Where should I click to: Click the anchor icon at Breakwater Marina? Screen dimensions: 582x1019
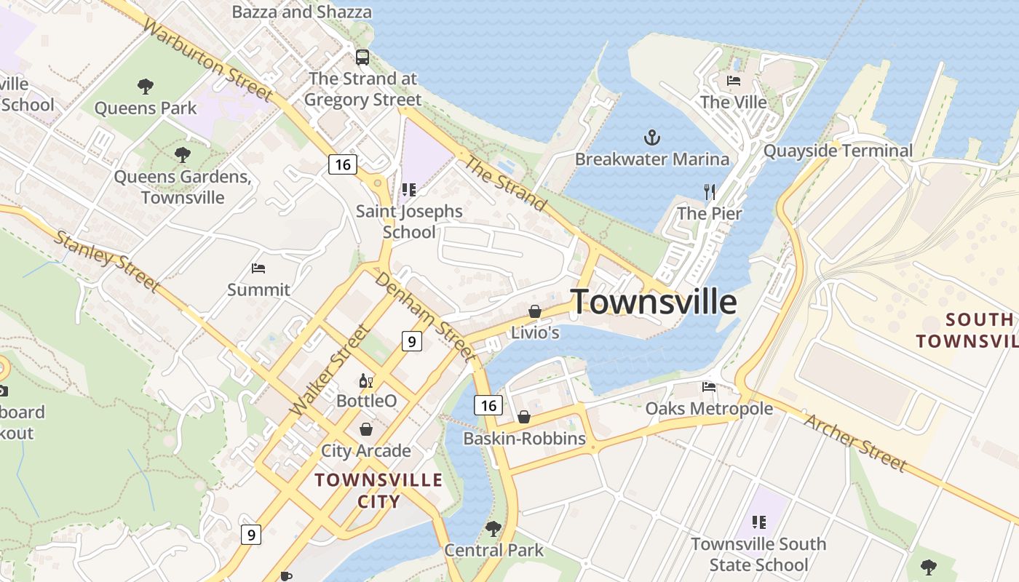(x=652, y=137)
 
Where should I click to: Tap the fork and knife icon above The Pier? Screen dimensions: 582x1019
(x=710, y=192)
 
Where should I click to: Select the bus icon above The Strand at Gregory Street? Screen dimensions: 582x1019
(x=362, y=57)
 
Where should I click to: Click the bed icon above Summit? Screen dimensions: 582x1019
(x=258, y=268)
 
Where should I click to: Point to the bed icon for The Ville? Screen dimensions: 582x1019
(x=734, y=80)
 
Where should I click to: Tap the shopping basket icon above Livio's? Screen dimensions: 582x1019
(x=535, y=311)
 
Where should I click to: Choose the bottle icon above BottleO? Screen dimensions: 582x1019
(x=366, y=380)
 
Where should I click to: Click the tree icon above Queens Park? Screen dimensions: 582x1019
(x=146, y=87)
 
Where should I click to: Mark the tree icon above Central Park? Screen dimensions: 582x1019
(x=493, y=528)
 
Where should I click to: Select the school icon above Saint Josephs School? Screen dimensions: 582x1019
(x=409, y=190)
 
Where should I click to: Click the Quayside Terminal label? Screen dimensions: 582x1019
(x=838, y=151)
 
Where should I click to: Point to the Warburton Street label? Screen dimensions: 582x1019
(x=207, y=60)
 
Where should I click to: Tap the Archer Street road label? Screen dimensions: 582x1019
(x=856, y=442)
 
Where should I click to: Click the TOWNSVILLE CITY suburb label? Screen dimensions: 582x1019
(x=379, y=490)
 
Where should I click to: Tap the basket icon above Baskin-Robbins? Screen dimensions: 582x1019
(x=523, y=417)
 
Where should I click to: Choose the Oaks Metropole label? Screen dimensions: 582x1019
(x=709, y=408)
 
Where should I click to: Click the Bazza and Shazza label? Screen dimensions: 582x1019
(x=301, y=12)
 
